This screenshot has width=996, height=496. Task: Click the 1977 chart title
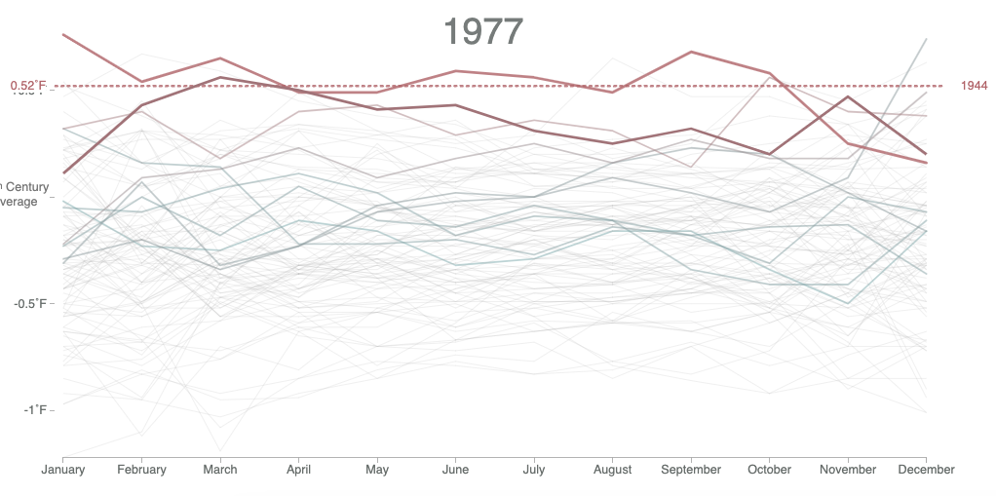[x=483, y=32]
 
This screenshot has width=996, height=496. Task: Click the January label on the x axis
[x=63, y=470]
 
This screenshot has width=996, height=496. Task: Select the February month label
[x=142, y=470]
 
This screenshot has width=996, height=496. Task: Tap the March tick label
[x=220, y=470]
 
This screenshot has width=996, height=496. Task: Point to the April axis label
[x=299, y=470]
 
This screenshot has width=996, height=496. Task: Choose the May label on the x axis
[x=377, y=470]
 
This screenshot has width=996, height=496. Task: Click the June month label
[x=455, y=470]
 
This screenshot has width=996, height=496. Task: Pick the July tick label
[x=534, y=470]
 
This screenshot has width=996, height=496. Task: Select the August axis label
[x=612, y=470]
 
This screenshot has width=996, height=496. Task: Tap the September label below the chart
[x=691, y=470]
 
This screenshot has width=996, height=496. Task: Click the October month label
[x=769, y=470]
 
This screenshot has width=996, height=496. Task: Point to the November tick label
[x=848, y=470]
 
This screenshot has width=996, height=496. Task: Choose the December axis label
[x=926, y=470]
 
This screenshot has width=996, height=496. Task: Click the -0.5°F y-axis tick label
[x=28, y=303]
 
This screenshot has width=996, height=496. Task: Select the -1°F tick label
[x=34, y=410]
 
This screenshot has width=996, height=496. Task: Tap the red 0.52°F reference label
[x=28, y=86]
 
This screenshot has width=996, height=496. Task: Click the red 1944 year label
[x=974, y=86]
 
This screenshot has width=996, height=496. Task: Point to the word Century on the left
[x=21, y=185]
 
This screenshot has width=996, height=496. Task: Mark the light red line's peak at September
[x=691, y=52]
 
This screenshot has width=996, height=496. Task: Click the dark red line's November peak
[x=848, y=96]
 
